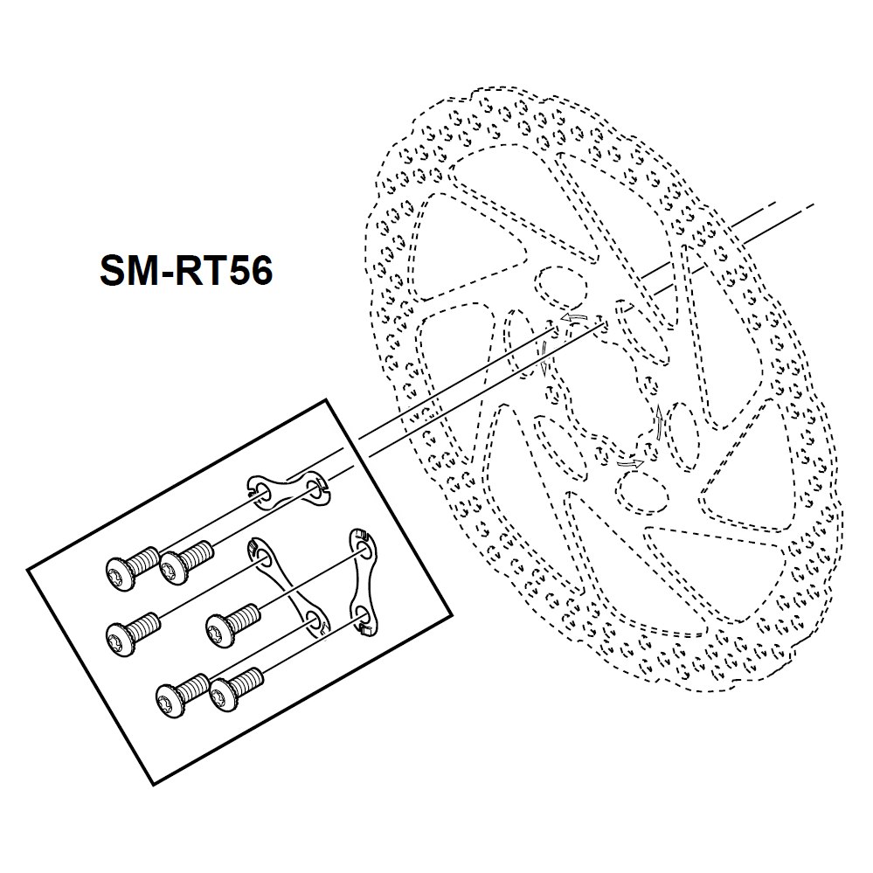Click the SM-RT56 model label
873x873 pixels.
click(185, 272)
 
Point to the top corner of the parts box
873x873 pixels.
click(327, 399)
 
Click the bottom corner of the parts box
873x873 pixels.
click(147, 780)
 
